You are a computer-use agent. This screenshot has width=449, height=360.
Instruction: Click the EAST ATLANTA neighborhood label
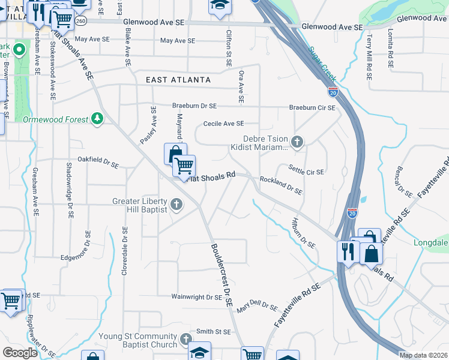click(178, 80)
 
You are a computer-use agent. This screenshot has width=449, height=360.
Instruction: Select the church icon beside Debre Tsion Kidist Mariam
click(297, 142)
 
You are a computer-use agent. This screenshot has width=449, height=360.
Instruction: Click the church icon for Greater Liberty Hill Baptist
click(176, 205)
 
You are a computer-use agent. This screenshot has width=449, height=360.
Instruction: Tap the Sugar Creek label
click(323, 65)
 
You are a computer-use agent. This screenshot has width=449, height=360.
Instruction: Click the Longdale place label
click(431, 243)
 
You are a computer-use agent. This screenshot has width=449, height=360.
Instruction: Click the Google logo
click(20, 353)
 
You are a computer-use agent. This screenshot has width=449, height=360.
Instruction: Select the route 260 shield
click(81, 21)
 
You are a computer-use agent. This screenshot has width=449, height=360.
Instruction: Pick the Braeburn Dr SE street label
click(194, 106)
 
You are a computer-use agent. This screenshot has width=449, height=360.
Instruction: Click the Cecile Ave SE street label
click(223, 124)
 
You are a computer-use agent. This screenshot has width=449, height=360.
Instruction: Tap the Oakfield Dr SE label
click(99, 161)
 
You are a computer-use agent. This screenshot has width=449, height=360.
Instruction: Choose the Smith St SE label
click(214, 331)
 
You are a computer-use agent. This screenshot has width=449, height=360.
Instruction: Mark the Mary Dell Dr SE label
click(257, 307)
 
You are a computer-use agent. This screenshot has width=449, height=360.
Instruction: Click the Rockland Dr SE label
click(280, 185)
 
